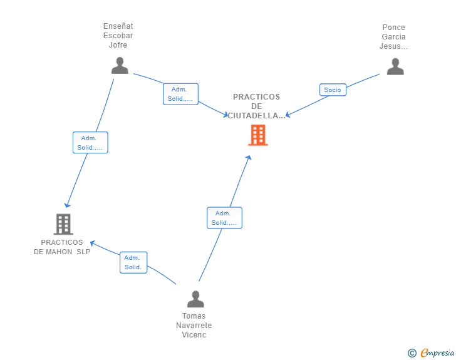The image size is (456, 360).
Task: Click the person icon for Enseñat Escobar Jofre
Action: tap(119, 66)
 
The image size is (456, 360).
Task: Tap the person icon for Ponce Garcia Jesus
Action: tap(395, 66)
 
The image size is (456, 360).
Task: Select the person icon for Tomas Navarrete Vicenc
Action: tap(195, 299)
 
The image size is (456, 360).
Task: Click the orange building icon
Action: tap(257, 135)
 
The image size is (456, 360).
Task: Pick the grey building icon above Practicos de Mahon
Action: tap(63, 224)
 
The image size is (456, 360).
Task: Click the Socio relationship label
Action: tap(333, 90)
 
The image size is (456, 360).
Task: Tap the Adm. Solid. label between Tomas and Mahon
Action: tap(133, 262)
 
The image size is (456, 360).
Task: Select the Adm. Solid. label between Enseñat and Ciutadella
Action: tap(180, 94)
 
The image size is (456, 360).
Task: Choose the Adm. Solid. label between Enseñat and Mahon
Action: tap(90, 143)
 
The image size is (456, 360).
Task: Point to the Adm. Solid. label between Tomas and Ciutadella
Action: tap(224, 218)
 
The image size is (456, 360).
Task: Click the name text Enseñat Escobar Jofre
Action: tap(118, 36)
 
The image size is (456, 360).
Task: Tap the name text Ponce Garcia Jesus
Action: tap(393, 37)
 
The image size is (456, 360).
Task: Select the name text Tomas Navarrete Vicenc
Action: tap(194, 326)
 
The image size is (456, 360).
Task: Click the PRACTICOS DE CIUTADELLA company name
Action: tap(257, 106)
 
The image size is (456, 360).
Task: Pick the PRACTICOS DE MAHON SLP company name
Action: tap(62, 247)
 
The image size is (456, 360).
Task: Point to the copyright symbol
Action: tap(412, 353)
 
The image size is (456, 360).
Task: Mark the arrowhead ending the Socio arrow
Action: tap(288, 115)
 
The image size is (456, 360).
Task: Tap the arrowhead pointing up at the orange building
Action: tap(249, 158)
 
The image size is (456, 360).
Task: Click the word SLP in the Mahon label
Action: tap(83, 252)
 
